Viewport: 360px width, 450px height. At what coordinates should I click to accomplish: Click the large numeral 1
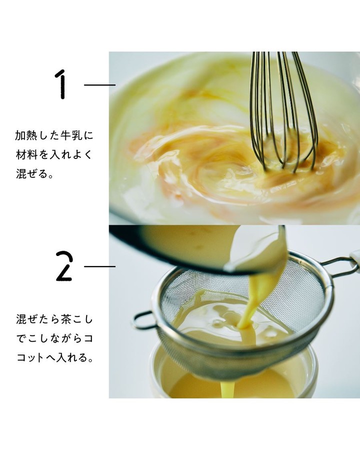61,84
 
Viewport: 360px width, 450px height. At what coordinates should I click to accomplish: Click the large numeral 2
63,266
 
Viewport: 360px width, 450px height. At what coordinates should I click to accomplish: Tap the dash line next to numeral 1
99,85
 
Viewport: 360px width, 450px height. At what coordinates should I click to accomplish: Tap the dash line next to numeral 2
99,266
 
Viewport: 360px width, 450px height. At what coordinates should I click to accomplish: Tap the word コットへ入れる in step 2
55,358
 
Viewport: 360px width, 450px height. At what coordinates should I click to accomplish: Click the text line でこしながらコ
54,338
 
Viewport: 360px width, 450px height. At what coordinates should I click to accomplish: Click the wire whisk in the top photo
282,112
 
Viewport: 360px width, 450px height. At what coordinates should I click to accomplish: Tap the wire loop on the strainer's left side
144,320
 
